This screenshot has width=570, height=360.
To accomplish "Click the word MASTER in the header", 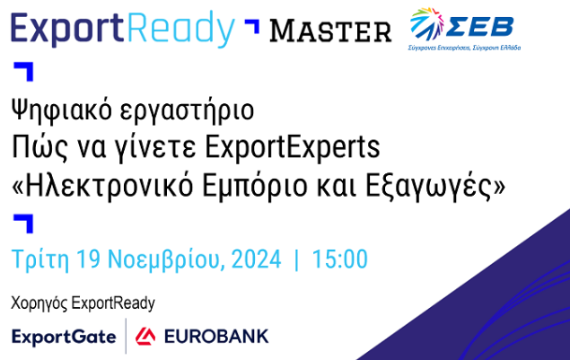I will (330, 31).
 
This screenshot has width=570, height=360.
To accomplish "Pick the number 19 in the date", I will (88, 259).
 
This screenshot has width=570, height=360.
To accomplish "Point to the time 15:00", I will (339, 259).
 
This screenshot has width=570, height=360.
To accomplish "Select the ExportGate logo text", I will (64, 337).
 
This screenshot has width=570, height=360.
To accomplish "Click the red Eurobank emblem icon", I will (145, 337).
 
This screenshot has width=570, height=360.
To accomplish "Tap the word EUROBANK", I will (215, 337).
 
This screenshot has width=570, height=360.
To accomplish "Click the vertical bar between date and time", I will (296, 259).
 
